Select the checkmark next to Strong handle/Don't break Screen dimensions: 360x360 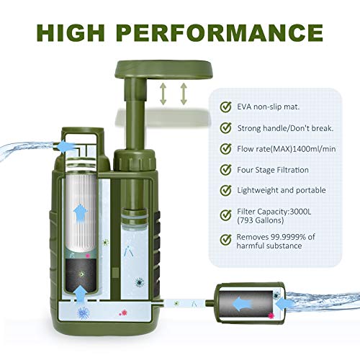click(x=225, y=129)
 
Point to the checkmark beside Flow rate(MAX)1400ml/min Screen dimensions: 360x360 click(x=225, y=150)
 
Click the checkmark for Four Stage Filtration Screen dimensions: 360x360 click(x=225, y=171)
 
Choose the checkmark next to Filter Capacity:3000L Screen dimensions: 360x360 click(x=225, y=214)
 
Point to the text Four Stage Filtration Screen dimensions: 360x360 click(x=274, y=171)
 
